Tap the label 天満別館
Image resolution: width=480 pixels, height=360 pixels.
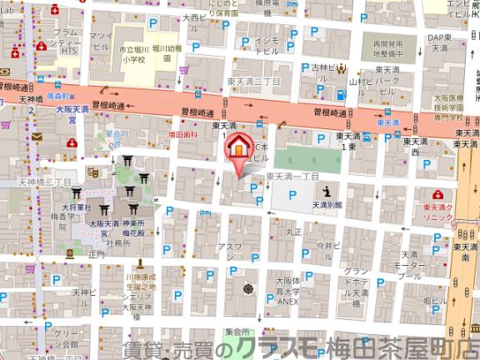point(327,202)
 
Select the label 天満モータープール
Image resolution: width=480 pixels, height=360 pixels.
point(408,264)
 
